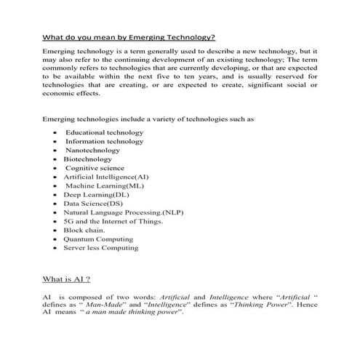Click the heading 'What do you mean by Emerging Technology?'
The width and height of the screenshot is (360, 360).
(x=128, y=38)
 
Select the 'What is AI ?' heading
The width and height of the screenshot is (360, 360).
(x=67, y=279)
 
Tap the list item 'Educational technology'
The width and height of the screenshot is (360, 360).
(x=104, y=132)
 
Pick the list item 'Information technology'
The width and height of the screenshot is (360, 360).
(x=104, y=141)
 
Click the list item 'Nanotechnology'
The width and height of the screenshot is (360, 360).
(x=93, y=150)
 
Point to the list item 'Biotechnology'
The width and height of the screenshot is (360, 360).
(x=87, y=159)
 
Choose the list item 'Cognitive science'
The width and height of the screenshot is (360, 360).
(x=95, y=167)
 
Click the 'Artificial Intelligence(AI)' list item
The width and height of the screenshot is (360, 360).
(x=105, y=177)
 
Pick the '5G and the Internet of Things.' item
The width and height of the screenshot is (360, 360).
(x=113, y=220)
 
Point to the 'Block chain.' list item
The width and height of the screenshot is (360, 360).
(x=84, y=230)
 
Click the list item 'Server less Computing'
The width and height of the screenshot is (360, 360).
(x=100, y=247)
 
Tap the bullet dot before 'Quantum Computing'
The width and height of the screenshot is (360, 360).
(x=56, y=239)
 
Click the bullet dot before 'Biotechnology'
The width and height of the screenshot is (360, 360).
(x=56, y=159)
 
